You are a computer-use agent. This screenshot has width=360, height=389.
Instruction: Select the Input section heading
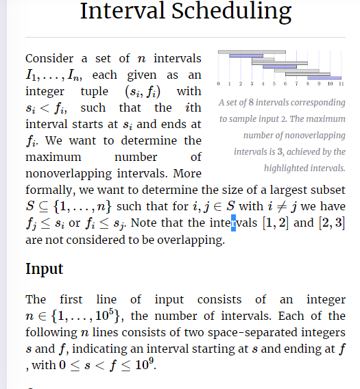click(45, 268)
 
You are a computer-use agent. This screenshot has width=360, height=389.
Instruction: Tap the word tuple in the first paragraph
click(86, 91)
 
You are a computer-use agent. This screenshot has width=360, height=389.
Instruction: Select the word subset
click(329, 189)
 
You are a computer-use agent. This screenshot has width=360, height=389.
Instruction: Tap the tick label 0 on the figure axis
click(217, 83)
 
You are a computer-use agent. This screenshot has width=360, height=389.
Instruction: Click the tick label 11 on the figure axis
click(341, 83)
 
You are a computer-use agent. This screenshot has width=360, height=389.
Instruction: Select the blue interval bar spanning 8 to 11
click(325, 77)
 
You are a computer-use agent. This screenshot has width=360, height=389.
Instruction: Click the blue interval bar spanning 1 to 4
click(246, 55)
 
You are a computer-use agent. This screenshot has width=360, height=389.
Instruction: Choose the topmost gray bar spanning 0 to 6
click(251, 51)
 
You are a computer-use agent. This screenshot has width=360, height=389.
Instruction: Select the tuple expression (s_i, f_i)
click(142, 91)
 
